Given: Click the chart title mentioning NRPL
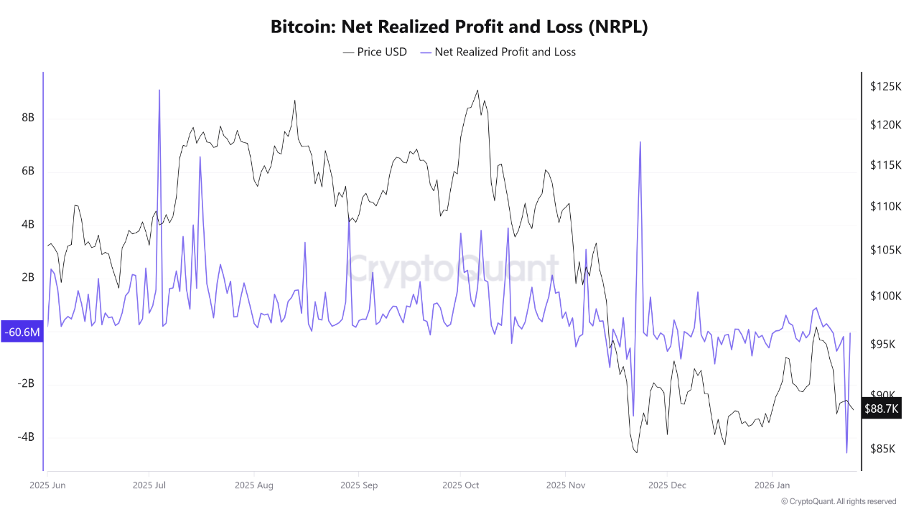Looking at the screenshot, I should click(459, 27).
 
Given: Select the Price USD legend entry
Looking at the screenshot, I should click(375, 52).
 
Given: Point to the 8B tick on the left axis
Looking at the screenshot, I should click(28, 118).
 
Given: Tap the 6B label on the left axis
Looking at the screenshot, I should click(28, 171).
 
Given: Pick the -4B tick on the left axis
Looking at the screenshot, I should click(26, 437).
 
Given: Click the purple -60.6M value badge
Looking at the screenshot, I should click(22, 332).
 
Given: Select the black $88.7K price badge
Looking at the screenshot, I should click(882, 409).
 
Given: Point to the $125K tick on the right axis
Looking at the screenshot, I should click(885, 86).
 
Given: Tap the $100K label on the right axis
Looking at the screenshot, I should click(885, 296).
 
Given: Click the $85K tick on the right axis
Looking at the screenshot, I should click(883, 449).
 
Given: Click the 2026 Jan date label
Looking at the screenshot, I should click(772, 485).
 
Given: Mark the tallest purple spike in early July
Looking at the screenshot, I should click(159, 90).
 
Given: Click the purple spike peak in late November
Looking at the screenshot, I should click(640, 142).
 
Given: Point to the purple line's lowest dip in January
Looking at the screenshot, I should click(846, 452).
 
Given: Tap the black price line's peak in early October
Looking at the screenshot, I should click(477, 90).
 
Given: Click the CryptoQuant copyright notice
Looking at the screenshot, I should click(838, 501).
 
